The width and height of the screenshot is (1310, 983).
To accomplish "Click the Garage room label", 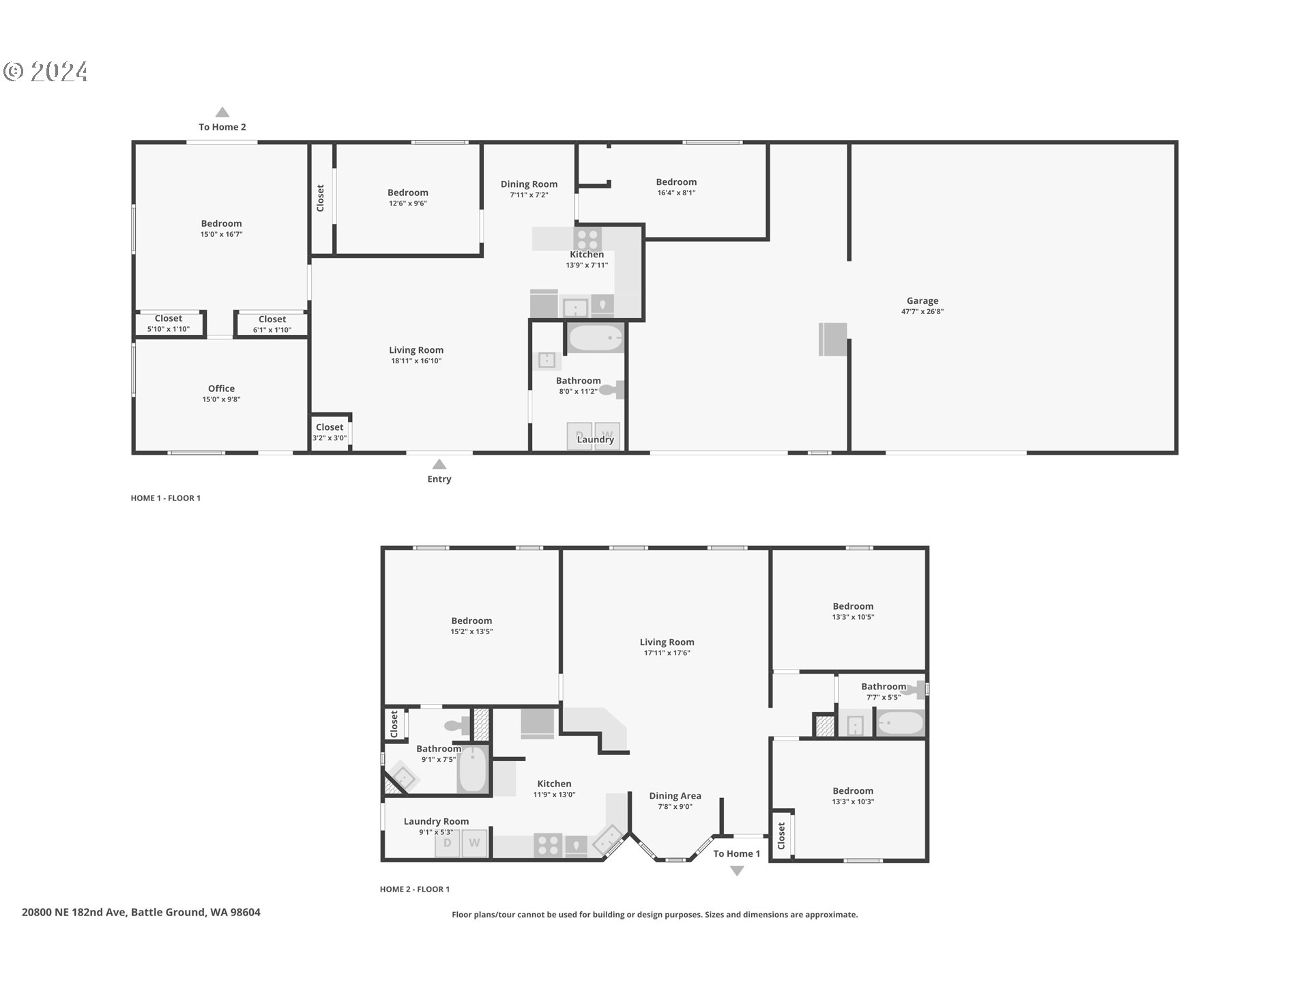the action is click(x=922, y=300).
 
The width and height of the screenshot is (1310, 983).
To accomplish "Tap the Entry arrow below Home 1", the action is click(x=439, y=464).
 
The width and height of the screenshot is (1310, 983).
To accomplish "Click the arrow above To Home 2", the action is click(x=222, y=112).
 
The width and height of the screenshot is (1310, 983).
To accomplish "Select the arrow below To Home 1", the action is click(x=737, y=871).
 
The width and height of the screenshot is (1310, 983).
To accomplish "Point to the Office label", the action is click(x=221, y=388).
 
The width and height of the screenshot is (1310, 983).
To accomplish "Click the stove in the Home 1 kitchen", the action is click(x=587, y=239).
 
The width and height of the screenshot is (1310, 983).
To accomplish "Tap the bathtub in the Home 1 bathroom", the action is click(x=596, y=338).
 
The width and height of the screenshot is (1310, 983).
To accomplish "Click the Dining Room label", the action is click(x=529, y=184).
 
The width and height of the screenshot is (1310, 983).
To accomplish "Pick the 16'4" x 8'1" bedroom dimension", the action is click(x=676, y=193).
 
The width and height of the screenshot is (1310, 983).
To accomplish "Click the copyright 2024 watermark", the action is click(x=46, y=72).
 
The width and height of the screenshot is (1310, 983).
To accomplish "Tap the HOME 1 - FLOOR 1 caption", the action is click(x=166, y=498).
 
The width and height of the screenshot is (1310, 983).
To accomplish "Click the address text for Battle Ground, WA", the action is click(x=141, y=912).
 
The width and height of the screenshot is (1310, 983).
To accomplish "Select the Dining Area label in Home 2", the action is click(x=675, y=795).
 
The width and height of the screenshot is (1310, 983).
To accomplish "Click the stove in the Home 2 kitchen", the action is click(x=548, y=845).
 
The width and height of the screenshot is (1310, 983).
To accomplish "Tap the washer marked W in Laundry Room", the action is click(x=474, y=843).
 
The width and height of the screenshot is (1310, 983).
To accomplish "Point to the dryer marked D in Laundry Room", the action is click(x=448, y=843).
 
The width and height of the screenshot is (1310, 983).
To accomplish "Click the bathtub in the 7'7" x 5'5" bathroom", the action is click(x=900, y=723).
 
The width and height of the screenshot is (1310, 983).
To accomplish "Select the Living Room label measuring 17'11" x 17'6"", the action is click(x=667, y=642).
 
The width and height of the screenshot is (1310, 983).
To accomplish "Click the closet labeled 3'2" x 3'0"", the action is click(x=330, y=432).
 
